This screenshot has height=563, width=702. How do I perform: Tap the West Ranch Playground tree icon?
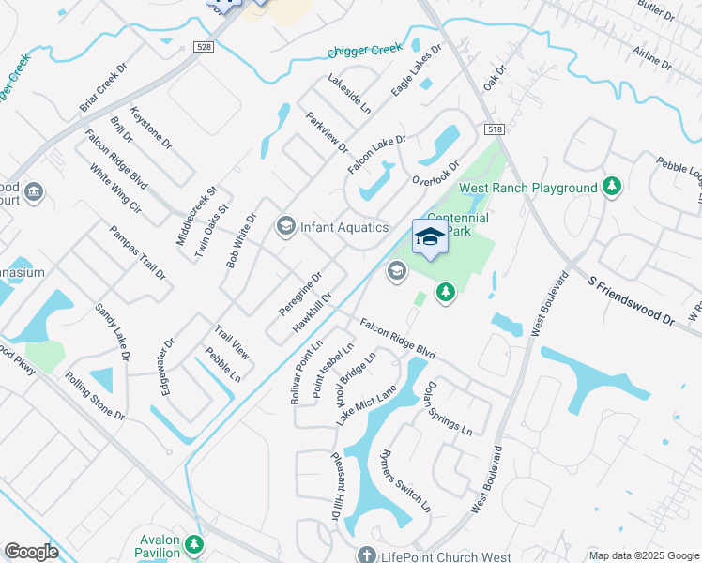click(612, 187)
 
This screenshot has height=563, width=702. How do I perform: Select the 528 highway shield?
click(202, 46)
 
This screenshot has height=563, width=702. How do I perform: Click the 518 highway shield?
click(494, 129)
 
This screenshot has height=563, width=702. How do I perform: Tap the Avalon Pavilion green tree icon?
click(193, 544)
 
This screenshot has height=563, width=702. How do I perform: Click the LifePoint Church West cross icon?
click(366, 554)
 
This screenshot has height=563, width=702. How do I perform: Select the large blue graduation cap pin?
click(430, 237)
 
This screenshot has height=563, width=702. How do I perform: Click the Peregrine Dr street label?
click(300, 294)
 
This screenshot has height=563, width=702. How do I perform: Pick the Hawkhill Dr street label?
click(313, 311)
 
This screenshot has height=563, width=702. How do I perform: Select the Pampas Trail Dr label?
click(137, 252)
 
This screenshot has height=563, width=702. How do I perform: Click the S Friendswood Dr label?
click(632, 298)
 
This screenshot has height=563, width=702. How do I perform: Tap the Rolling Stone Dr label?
click(94, 396)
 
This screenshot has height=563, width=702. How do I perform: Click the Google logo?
click(31, 552)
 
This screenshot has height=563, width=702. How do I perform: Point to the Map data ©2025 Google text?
click(643, 555)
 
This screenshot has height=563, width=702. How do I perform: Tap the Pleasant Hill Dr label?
click(334, 484)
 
